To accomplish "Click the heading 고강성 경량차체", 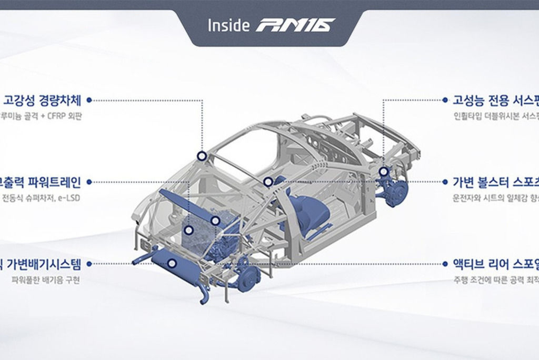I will pyautogui.click(x=43, y=100).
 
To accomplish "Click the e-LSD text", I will pyautogui.click(x=69, y=198).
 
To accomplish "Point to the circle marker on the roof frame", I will pyautogui.click(x=202, y=156).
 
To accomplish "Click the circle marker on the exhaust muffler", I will pyautogui.click(x=172, y=263).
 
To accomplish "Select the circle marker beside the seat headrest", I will pyautogui.click(x=268, y=182).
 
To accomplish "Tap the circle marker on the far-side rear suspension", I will pyautogui.click(x=383, y=172).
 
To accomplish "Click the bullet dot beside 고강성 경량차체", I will pyautogui.click(x=89, y=99).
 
